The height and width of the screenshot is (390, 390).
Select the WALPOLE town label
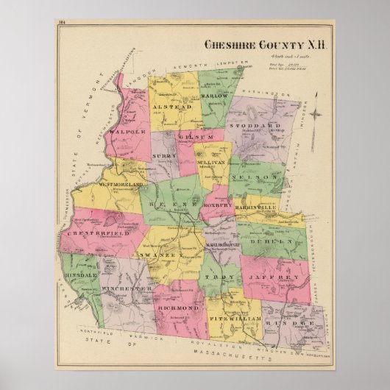click(x=124, y=132)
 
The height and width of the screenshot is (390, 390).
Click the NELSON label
click(x=263, y=178)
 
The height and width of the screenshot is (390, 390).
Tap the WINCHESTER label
click(x=127, y=288)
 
